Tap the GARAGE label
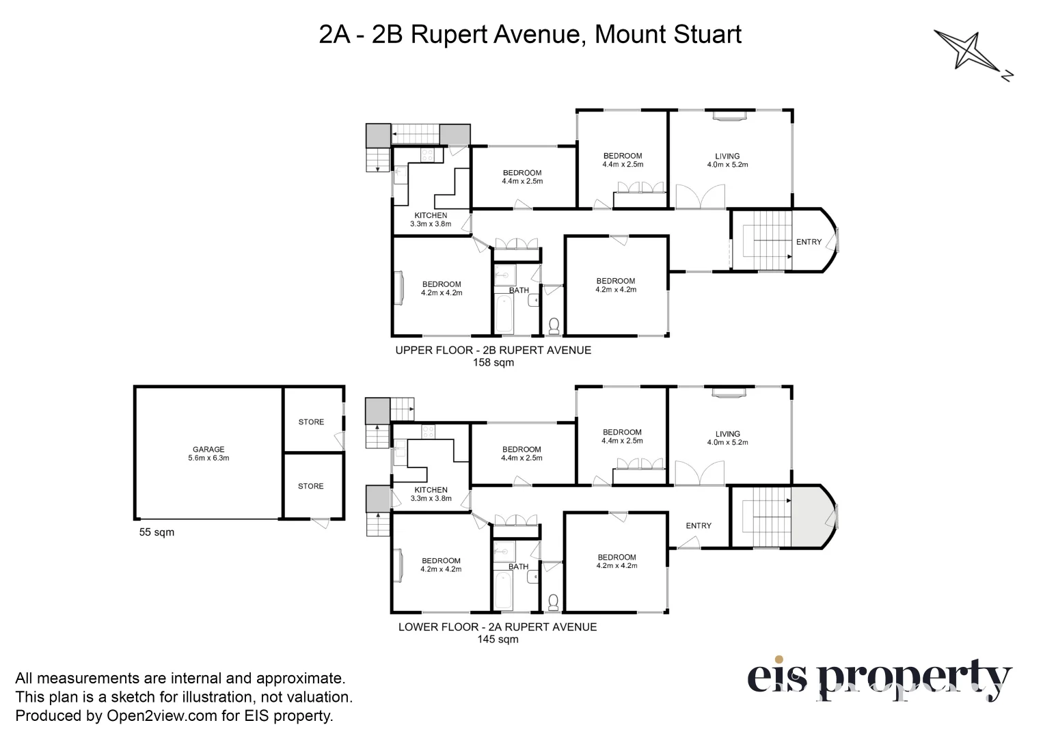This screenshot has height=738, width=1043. coord(208,450)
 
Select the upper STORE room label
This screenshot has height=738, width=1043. coord(311,422)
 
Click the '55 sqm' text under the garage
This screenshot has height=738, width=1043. coord(157,532)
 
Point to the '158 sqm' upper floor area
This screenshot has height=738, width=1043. coord(493,363)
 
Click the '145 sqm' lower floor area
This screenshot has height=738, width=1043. coord(498,640)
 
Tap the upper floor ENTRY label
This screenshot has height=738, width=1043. coord(809,242)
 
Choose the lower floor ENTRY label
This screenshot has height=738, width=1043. coord(699,525)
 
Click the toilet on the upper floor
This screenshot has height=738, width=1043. coord(554,326)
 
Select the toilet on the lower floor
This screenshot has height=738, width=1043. coord(554,601)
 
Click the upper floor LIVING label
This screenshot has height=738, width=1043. coord(727,156)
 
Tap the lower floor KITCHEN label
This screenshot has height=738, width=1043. coord(431,490)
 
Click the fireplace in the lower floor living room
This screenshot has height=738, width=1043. coord(728,392)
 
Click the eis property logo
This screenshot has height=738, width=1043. coord(878,679)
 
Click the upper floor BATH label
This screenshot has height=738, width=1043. coord(519,290)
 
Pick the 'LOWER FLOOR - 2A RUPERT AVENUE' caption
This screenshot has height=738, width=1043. coord(498,627)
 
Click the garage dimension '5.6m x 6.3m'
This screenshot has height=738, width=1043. coord(208,458)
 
